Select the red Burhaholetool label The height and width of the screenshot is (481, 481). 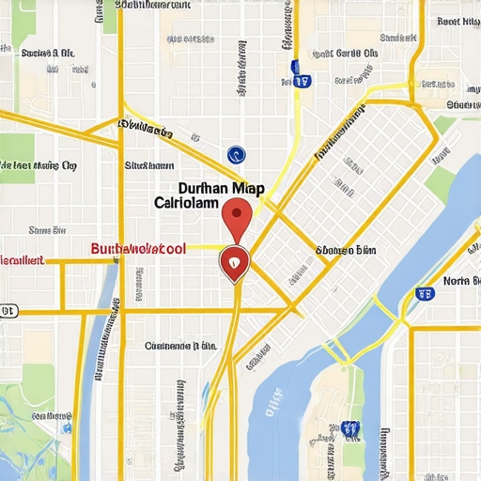pyautogui.click(x=138, y=249)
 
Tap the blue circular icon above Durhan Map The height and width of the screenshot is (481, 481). pyautogui.click(x=236, y=155)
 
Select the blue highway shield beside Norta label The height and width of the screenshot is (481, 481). pyautogui.click(x=425, y=293)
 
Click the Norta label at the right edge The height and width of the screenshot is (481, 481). pyautogui.click(x=460, y=280)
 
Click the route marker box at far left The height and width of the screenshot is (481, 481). pyautogui.click(x=8, y=310)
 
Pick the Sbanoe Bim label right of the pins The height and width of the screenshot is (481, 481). pyautogui.click(x=346, y=251)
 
